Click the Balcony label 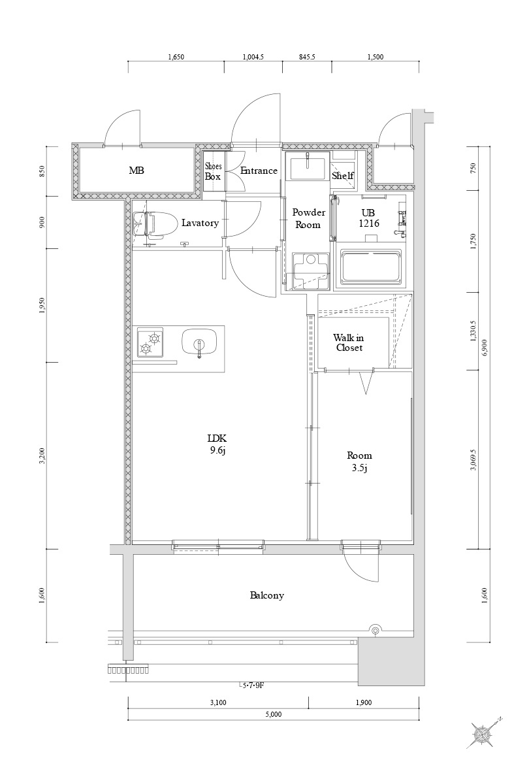point(266,595)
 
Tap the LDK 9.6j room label point(216,444)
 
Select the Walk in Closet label point(348,342)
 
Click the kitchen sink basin point(199,342)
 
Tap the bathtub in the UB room point(372,266)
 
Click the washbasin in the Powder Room point(307,168)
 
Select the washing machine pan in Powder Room point(311,271)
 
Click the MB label point(136,171)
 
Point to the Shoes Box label point(214,171)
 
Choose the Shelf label point(342,176)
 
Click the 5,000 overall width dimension point(273,714)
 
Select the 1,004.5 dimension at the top point(253,57)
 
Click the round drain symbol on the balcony point(375,630)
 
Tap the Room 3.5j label point(359,461)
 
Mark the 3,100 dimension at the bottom point(218,702)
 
